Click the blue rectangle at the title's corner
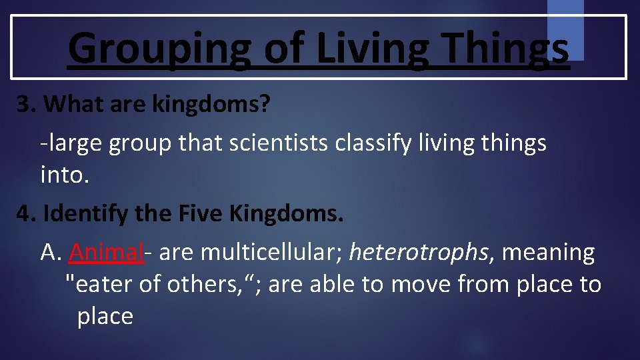click(x=565, y=30)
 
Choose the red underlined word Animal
click(x=106, y=253)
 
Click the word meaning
click(x=548, y=253)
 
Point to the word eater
click(x=104, y=284)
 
